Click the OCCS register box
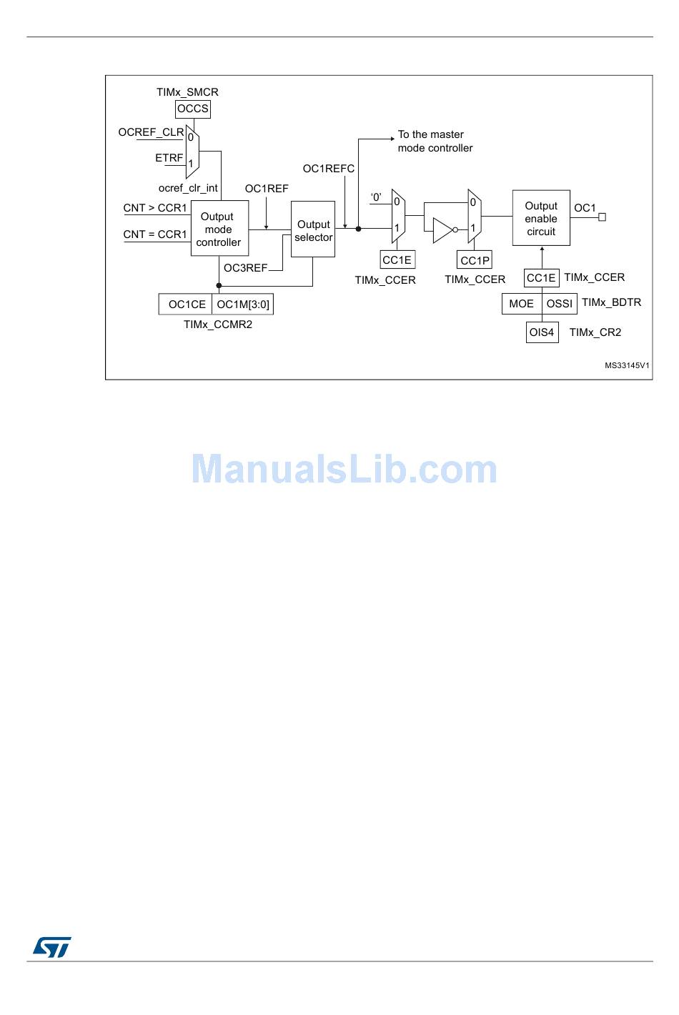coord(193,109)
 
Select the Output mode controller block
coord(219,229)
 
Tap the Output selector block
coord(313,230)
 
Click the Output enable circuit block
coord(541,218)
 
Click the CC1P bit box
coord(475,260)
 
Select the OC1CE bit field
coord(187,304)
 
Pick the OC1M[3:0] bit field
coord(243,304)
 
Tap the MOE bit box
coord(521,304)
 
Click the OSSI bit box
coord(560,304)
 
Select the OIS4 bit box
coord(542,332)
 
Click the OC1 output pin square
coord(602,217)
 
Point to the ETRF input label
coord(169,158)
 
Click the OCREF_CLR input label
coord(151,132)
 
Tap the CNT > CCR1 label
coord(155,208)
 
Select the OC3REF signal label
coord(245,268)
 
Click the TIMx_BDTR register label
coord(611,302)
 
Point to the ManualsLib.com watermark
coord(344,470)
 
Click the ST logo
coord(52,947)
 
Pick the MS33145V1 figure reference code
coord(627,365)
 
